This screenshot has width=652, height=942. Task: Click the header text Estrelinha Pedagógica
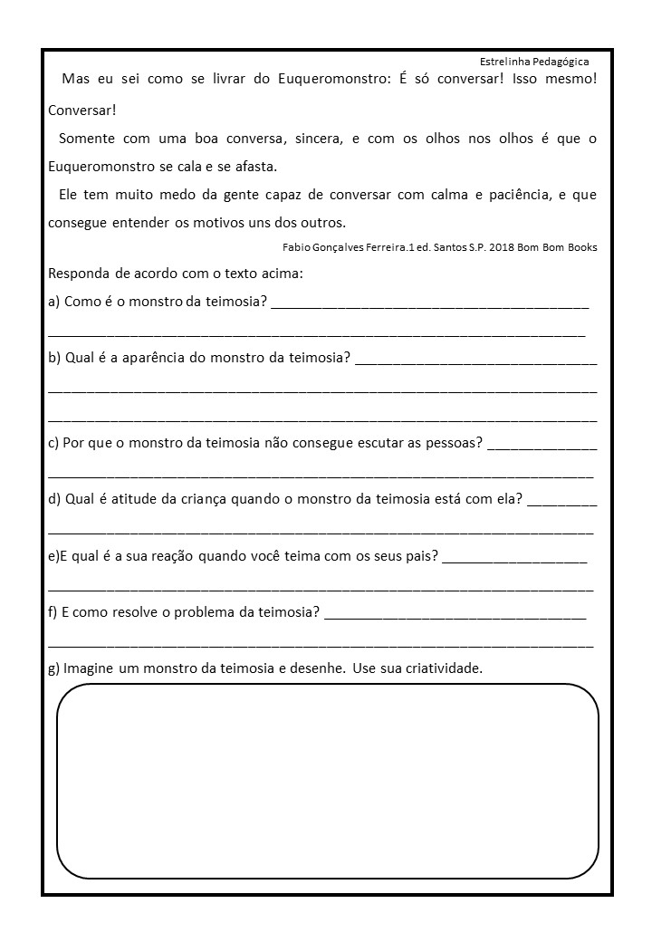pyautogui.click(x=534, y=62)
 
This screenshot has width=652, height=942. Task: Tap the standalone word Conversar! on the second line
pyautogui.click(x=82, y=111)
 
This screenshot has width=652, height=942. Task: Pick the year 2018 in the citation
pyautogui.click(x=493, y=246)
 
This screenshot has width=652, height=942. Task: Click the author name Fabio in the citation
pyautogui.click(x=298, y=246)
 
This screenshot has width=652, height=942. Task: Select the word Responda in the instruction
pyautogui.click(x=78, y=273)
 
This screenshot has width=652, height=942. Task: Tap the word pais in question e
pyautogui.click(x=421, y=555)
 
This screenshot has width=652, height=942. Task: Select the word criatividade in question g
pyautogui.click(x=441, y=668)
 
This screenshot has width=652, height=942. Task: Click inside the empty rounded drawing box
pyautogui.click(x=328, y=781)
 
